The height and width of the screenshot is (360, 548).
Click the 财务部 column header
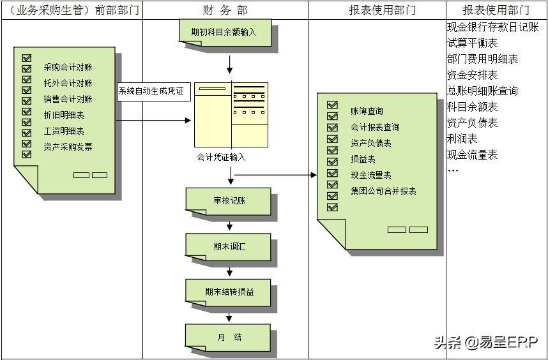[x=224, y=10]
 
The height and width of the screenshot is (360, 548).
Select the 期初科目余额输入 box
[x=224, y=31]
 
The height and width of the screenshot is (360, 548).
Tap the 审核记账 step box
[x=229, y=200]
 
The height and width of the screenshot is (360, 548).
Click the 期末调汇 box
[x=229, y=246]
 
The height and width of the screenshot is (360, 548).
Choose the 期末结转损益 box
[x=229, y=292]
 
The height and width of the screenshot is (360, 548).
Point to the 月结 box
[x=229, y=337]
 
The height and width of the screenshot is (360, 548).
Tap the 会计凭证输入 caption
[x=221, y=157]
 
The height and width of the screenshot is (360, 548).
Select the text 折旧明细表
[x=64, y=116]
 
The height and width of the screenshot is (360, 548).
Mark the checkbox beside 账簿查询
[x=332, y=105]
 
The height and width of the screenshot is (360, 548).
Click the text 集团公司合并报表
[x=383, y=191]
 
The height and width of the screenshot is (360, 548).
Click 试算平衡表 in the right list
[x=473, y=43]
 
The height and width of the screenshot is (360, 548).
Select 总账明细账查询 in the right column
[x=482, y=91]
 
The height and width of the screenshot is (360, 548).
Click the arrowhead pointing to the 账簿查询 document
[x=314, y=174]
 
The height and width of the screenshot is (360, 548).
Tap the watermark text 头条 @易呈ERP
[x=486, y=343]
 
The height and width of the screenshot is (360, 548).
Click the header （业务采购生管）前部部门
[x=71, y=10]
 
